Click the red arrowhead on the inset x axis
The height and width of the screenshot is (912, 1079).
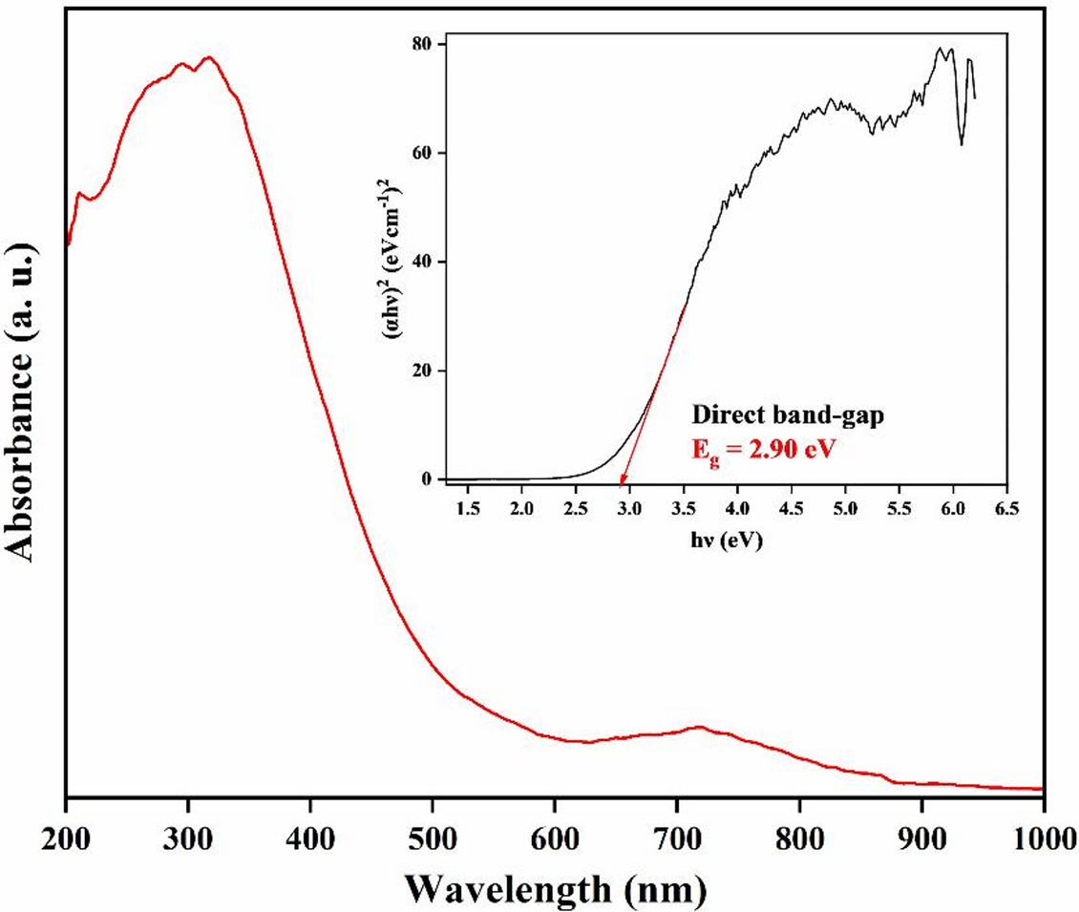622,482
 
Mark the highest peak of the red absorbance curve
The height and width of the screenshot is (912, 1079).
209,58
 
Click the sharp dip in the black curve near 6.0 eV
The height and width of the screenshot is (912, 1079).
961,143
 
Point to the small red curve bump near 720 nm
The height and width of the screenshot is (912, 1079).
698,728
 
